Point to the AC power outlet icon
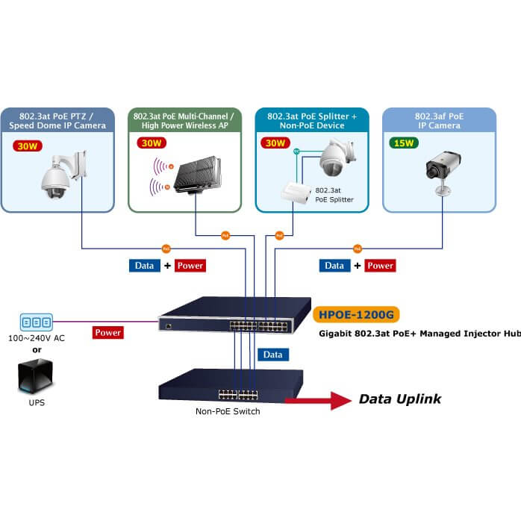pos(36,322)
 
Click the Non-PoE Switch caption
pos(228,411)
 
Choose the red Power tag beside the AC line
pos(108,332)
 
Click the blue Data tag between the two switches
pos(273,355)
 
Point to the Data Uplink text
pos(400,399)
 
